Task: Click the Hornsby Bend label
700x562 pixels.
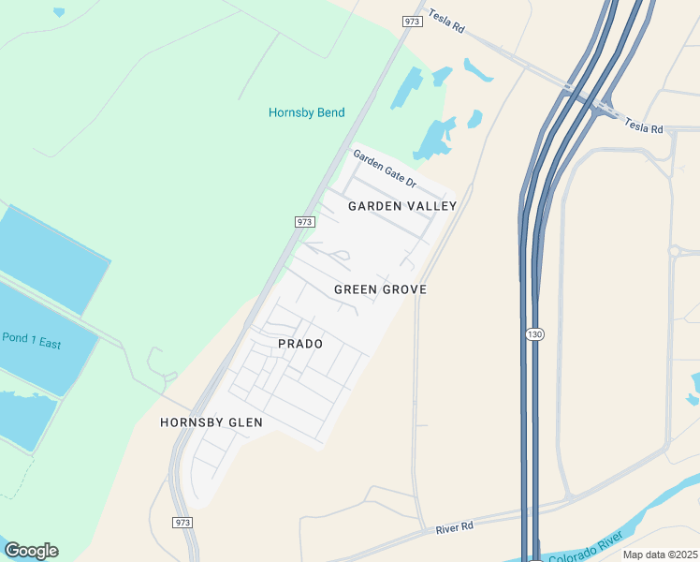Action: [306, 112]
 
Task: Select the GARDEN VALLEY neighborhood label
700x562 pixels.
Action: [402, 205]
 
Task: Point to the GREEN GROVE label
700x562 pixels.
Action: [380, 289]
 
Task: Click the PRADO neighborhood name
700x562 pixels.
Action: [300, 344]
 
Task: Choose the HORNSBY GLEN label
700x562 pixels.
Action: [211, 422]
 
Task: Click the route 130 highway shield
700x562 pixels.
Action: [534, 334]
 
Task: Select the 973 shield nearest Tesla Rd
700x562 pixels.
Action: [413, 21]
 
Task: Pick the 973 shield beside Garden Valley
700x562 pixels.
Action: [303, 222]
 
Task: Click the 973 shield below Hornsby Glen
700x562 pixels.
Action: [182, 521]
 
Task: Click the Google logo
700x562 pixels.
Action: [31, 550]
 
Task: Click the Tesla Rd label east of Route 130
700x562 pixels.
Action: [644, 126]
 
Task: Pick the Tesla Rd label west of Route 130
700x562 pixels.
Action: [445, 22]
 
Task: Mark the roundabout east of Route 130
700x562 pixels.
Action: [675, 251]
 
